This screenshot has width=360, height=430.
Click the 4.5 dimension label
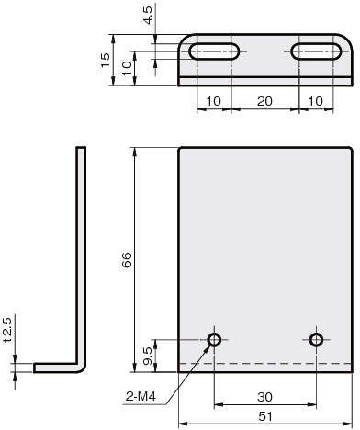[148, 16]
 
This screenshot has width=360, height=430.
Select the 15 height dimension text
[105, 60]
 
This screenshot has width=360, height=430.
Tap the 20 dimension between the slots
[264, 101]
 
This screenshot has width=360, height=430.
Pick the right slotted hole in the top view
[316, 51]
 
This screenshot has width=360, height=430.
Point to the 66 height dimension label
[127, 260]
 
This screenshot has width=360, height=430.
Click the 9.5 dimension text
[148, 356]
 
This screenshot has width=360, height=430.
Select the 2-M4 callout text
[141, 397]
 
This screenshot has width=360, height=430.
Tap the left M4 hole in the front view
[214, 340]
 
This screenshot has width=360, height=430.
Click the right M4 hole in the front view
[316, 340]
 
